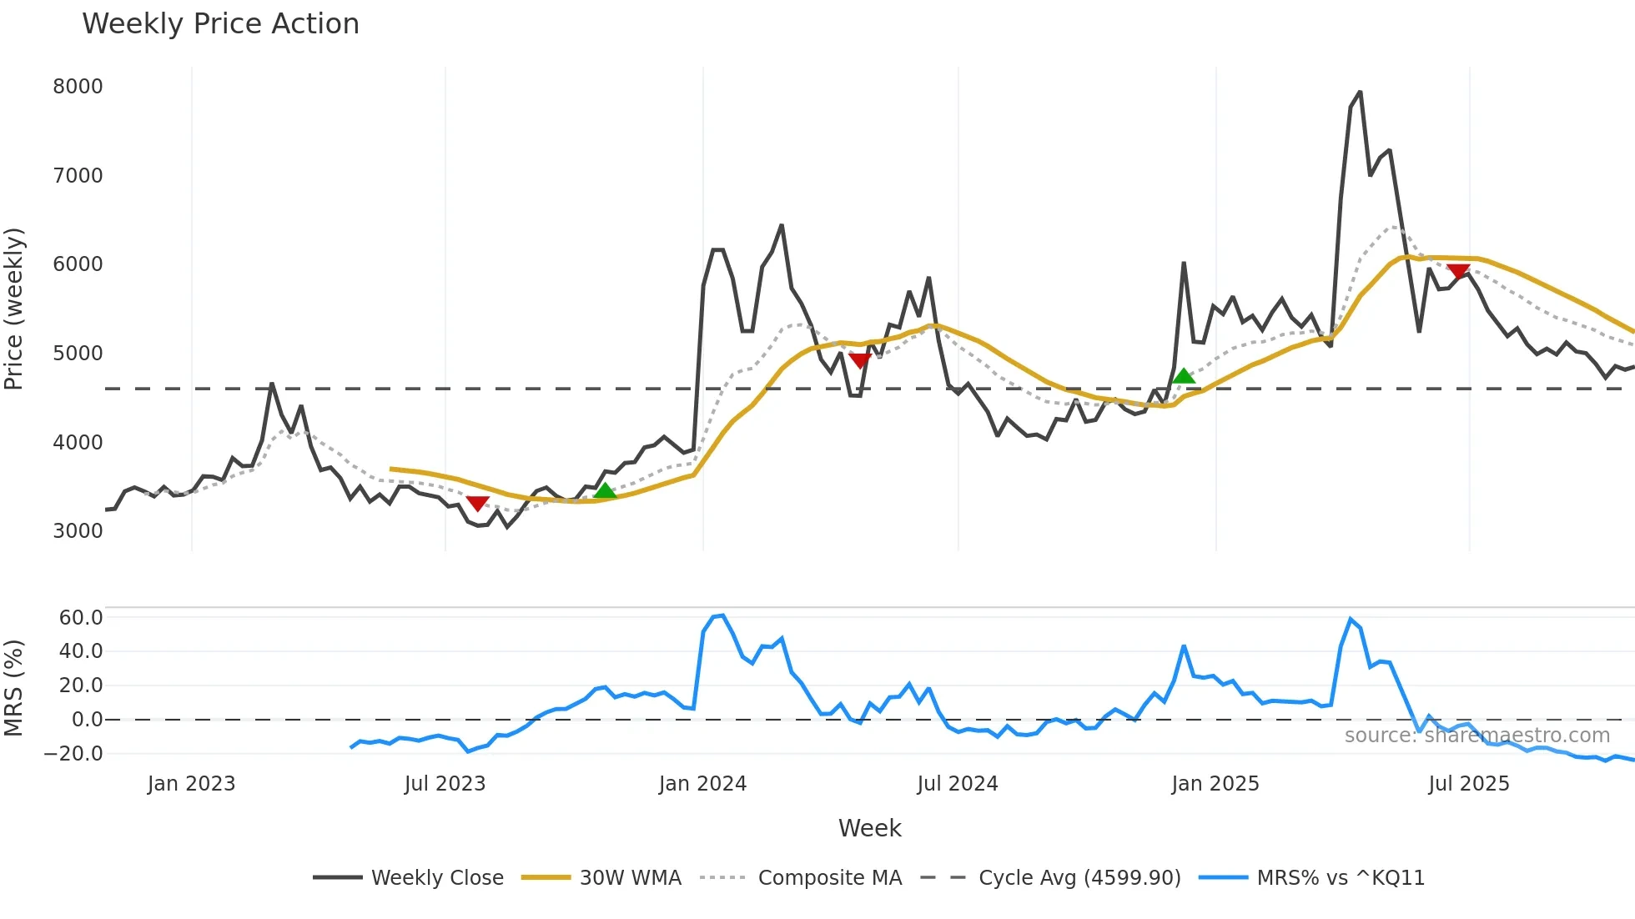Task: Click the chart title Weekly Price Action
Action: point(220,24)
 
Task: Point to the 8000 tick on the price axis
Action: point(78,87)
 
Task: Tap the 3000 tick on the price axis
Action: point(78,531)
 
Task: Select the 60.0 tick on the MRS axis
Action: point(80,618)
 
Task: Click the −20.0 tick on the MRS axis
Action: point(73,754)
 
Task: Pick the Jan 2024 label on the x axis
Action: point(702,784)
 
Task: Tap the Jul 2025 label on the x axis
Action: point(1468,784)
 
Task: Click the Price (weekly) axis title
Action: point(14,309)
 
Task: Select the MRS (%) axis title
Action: point(14,688)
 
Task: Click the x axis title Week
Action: point(869,828)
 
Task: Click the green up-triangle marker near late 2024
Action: point(1183,377)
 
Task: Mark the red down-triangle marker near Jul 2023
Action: point(477,503)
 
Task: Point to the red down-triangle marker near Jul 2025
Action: point(1458,271)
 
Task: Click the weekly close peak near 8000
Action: point(1360,93)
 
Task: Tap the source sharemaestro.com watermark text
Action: point(1477,736)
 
